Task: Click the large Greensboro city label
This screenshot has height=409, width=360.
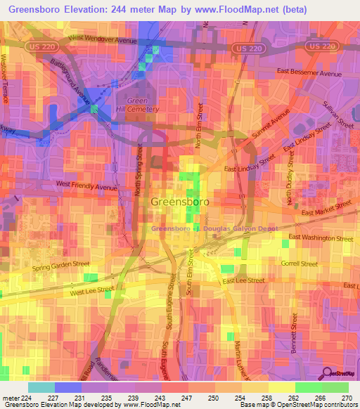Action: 179,202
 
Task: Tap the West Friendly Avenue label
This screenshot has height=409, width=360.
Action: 86,188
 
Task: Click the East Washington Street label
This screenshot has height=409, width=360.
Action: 320,238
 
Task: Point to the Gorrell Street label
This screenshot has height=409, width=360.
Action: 300,264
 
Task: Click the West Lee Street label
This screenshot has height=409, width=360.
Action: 91,289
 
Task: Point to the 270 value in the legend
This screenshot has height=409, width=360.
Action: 347,398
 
